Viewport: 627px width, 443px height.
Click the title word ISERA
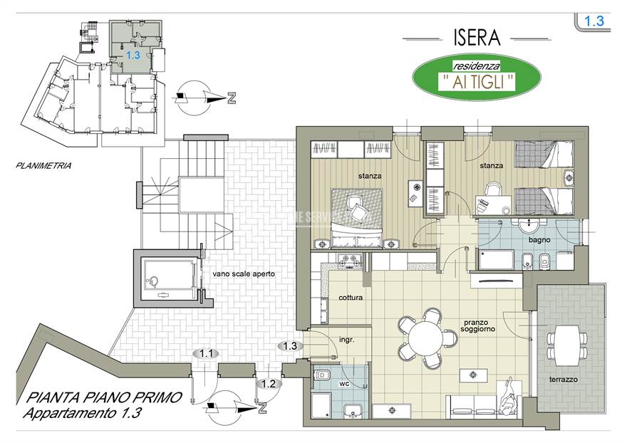[475, 36]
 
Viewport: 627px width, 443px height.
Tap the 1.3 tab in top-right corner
[594, 21]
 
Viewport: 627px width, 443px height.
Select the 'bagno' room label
[539, 239]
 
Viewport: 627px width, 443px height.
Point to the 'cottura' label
[351, 298]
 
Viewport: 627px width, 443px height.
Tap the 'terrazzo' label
[564, 380]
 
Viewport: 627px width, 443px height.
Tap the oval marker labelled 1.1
[207, 353]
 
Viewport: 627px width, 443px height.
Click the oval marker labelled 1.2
[269, 383]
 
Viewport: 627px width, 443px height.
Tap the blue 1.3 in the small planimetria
[133, 54]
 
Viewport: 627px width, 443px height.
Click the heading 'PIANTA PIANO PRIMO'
[99, 397]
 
